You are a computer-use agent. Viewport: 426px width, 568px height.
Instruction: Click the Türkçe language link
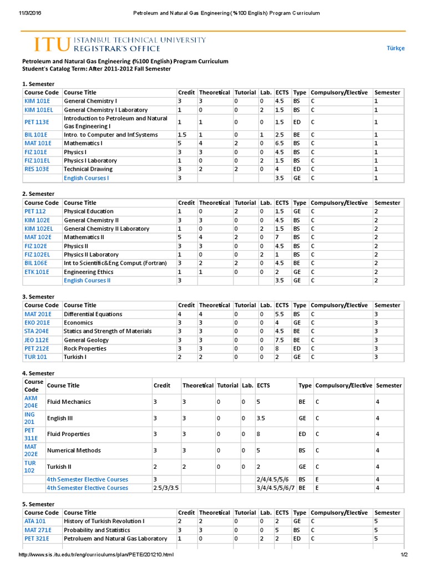coord(395,48)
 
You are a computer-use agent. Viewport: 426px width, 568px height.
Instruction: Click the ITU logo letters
coord(52,44)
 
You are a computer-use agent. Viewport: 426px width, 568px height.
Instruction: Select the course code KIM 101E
coord(36,101)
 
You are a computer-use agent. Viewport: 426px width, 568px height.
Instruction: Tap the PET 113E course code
coord(37,122)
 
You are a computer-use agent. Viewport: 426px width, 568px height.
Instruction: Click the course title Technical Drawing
coord(88,169)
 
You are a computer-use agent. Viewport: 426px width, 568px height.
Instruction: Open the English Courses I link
coord(86,178)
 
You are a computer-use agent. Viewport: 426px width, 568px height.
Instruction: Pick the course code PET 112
coord(35,211)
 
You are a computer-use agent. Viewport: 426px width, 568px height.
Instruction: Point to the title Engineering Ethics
coord(89,272)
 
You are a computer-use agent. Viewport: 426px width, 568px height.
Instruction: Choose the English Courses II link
coord(87,281)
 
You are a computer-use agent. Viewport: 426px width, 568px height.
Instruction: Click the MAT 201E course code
coord(37,314)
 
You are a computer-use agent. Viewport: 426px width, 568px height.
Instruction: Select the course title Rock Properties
coord(85,348)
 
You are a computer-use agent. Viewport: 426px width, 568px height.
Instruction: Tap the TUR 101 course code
coord(35,357)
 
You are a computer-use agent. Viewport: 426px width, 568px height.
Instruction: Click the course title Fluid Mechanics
coord(69,402)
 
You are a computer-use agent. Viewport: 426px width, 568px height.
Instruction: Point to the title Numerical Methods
coord(72,450)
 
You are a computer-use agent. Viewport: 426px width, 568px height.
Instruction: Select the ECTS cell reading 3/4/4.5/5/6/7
coord(275,488)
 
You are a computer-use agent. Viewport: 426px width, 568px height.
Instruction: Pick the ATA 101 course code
coord(35,521)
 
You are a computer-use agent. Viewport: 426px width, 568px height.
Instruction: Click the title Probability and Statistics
coord(98,530)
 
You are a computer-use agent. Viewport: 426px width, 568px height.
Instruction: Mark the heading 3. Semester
coord(38,297)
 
